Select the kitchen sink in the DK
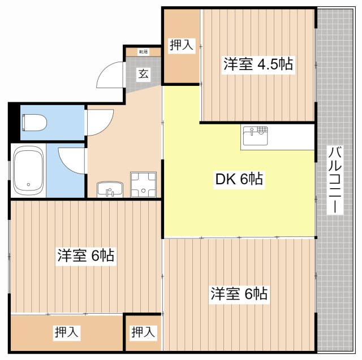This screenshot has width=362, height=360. click(255, 136)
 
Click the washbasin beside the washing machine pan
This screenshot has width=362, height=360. click(108, 189)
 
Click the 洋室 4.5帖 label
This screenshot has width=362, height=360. click(258, 64)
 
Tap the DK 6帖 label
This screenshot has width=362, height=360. click(239, 180)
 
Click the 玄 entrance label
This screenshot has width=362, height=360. click(144, 73)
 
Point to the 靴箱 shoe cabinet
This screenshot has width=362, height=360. click(143, 52)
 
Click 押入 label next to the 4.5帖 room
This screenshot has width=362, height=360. click(182, 46)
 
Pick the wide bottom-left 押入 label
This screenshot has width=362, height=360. click(67, 333)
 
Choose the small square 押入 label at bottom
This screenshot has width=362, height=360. click(143, 333)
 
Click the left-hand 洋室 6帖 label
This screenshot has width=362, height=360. click(85, 256)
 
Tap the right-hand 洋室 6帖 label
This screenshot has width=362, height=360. click(239, 294)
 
